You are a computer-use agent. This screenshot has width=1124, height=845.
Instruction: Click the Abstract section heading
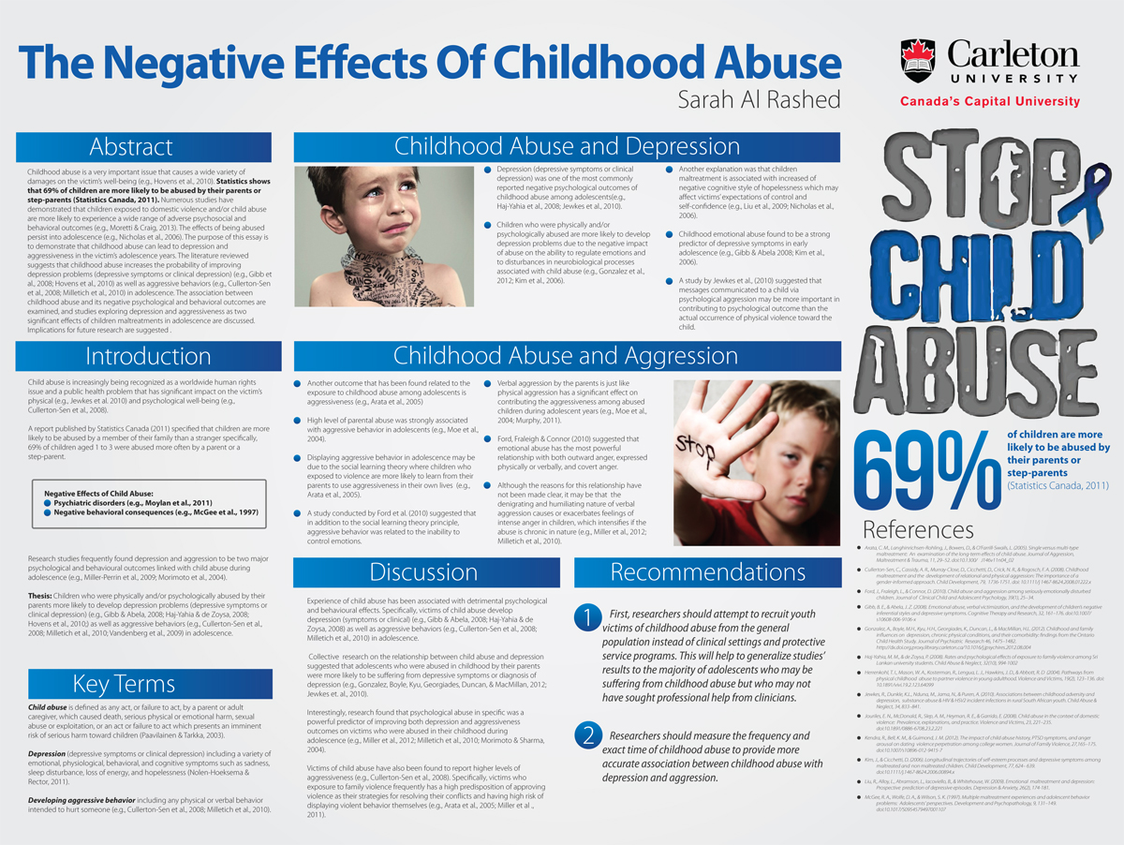(x=130, y=147)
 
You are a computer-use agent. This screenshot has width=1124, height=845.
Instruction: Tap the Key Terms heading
(x=123, y=683)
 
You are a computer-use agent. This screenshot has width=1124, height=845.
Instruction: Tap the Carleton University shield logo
(x=919, y=59)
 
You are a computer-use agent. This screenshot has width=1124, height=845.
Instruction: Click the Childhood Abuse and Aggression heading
(x=566, y=356)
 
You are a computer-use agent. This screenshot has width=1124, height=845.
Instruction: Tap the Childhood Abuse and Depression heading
(x=566, y=147)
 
